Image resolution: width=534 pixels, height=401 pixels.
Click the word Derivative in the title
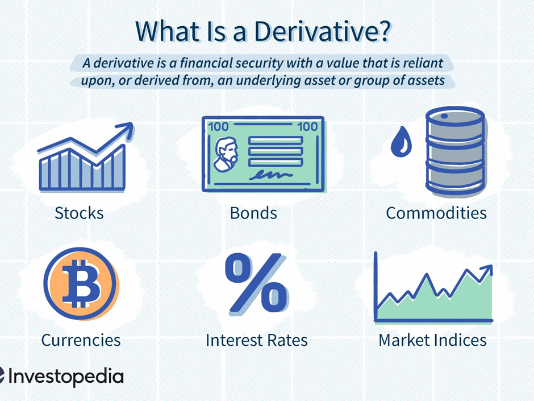[x=317, y=31]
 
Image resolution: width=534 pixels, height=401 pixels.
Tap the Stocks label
[x=79, y=213]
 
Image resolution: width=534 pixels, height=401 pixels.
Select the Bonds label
[x=253, y=213]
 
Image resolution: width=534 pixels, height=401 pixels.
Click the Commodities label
[x=436, y=213]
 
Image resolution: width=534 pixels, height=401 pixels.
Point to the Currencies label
[x=81, y=340]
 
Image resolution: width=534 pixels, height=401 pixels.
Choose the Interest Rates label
[x=257, y=340]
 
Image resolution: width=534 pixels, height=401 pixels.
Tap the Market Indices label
[x=432, y=340]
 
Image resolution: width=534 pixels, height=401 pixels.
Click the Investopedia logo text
[x=65, y=377]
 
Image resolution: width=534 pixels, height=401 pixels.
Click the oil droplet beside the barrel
[x=401, y=141]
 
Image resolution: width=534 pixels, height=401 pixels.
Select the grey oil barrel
[x=455, y=152]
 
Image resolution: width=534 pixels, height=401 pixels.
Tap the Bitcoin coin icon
[x=81, y=284]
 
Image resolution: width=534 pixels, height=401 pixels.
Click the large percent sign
[x=256, y=283]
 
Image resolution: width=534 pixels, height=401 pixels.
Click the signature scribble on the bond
[x=270, y=175]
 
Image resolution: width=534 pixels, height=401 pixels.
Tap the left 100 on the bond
[x=218, y=127]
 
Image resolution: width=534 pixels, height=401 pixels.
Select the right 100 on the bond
[x=307, y=127]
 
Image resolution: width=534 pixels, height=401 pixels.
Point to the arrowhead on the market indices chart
[x=487, y=270]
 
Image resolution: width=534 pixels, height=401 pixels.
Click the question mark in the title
[x=384, y=31]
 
